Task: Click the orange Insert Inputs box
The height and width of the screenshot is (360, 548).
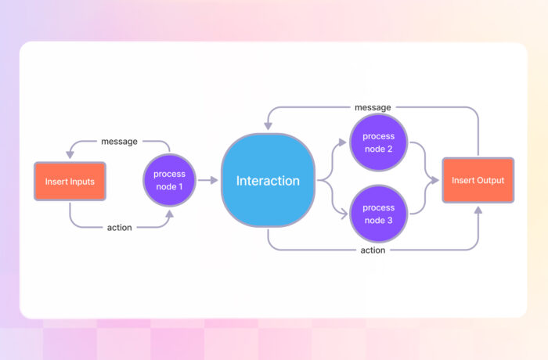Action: point(70,181)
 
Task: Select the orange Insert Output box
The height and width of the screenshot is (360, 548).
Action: point(478,181)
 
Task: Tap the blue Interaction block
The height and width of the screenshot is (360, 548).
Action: point(268,181)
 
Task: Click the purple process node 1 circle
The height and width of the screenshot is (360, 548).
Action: point(168,181)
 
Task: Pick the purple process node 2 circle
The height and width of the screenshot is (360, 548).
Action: point(378,142)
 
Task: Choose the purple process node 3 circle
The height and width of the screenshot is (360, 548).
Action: point(378,213)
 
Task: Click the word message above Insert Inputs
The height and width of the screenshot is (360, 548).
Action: point(119,142)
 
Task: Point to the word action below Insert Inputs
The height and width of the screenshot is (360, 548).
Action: point(119,228)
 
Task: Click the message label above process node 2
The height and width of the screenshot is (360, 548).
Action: point(373,107)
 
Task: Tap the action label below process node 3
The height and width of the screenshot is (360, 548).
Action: point(373,250)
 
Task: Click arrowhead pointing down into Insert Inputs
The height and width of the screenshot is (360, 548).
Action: point(70,154)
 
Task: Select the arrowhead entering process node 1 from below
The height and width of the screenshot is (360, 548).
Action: point(168,212)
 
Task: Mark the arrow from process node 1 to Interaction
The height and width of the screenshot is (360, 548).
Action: point(208,181)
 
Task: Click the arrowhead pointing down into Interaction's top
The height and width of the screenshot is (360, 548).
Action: point(268,125)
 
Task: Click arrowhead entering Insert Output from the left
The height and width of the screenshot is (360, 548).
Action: point(435,181)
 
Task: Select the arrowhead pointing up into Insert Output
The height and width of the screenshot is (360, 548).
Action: point(478,209)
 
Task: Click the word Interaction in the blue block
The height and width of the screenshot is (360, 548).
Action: point(268,181)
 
